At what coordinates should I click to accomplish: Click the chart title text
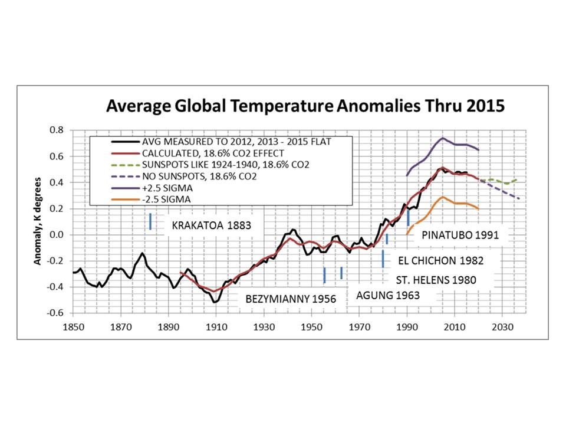point(305,106)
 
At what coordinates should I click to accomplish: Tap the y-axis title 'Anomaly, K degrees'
point(38,221)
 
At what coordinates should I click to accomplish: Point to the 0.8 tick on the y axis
point(57,130)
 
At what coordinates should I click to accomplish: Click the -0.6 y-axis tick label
point(55,313)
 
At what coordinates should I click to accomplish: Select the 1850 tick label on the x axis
point(73,327)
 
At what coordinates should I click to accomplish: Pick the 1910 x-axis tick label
point(216,327)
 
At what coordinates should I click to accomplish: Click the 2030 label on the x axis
point(502,327)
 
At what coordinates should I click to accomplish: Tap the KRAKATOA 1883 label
point(211,225)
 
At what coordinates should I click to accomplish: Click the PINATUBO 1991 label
point(460,236)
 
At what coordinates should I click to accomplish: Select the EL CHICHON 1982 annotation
point(441,260)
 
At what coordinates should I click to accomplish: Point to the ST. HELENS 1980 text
point(436,280)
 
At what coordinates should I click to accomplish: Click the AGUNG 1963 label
point(388,296)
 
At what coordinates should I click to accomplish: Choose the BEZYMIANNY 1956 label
point(291,299)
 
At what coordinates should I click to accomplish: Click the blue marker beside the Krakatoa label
point(150,221)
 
